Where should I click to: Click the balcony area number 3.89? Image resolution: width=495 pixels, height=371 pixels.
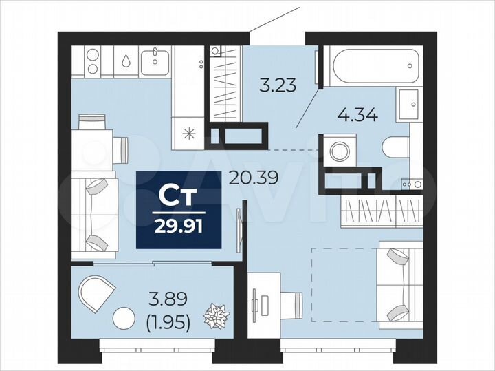(169, 300)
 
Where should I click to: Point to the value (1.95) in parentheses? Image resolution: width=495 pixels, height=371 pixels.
(169, 321)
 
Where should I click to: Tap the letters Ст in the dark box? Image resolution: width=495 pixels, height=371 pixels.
(179, 196)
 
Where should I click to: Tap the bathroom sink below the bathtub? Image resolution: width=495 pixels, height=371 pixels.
(410, 103)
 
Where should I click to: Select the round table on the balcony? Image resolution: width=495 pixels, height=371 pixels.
(124, 318)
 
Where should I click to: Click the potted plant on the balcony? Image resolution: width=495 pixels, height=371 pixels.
(217, 317)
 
